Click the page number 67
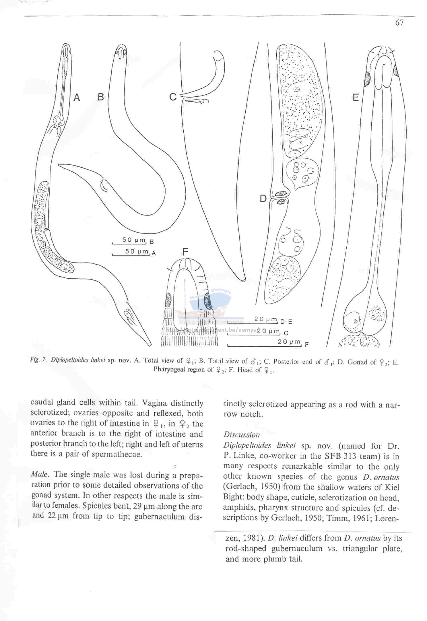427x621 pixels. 399,23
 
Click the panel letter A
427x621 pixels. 77,98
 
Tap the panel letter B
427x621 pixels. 101,97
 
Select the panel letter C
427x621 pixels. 173,97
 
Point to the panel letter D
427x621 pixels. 263,198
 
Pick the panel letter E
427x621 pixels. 356,98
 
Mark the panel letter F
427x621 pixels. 185,252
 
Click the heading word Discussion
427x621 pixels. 242,434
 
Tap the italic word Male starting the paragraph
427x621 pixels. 40,474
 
